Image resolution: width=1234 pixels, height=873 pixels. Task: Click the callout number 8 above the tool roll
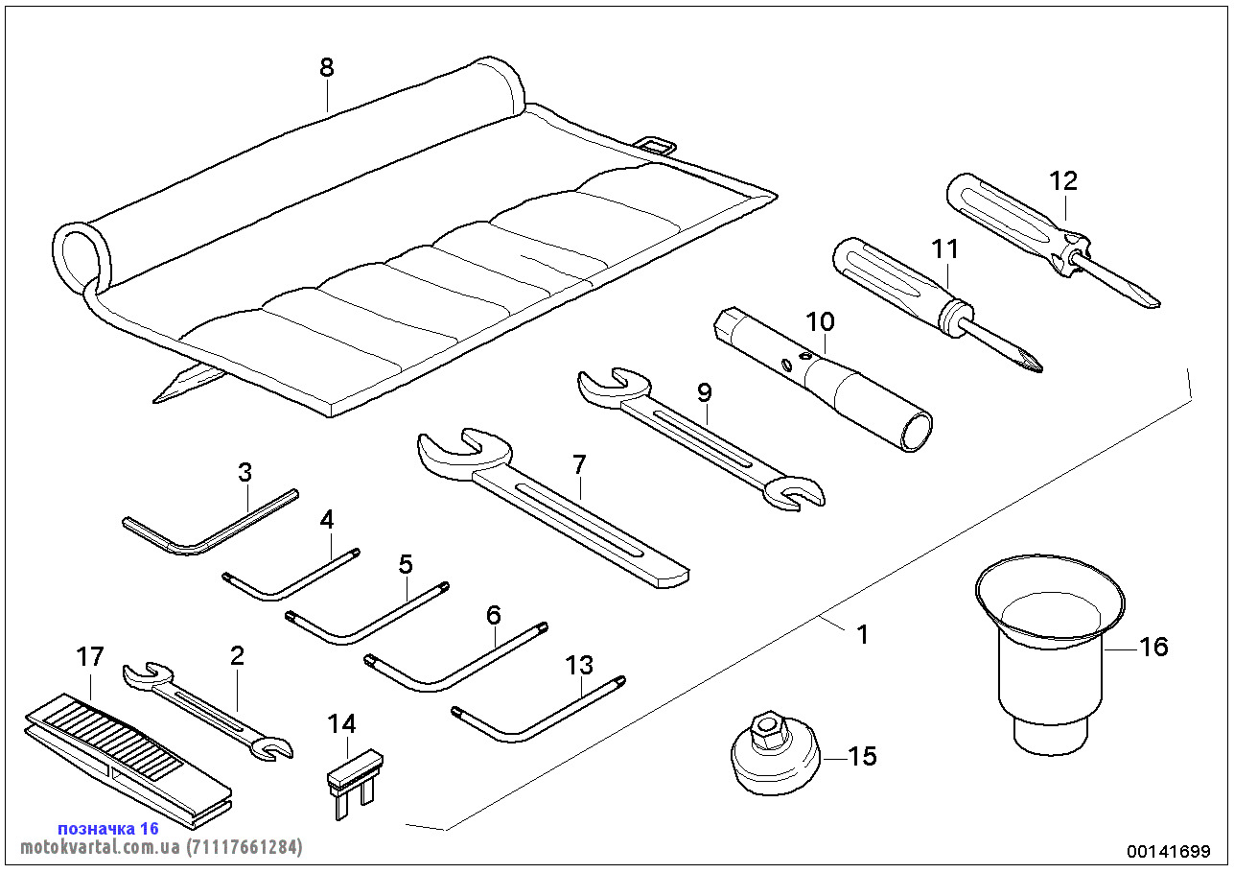click(327, 67)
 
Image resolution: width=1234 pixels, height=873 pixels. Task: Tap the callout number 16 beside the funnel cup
click(1153, 647)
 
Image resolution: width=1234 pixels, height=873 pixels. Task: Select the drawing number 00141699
click(1169, 851)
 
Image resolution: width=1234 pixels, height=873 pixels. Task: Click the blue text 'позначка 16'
click(107, 828)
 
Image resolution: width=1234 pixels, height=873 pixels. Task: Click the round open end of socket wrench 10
click(915, 428)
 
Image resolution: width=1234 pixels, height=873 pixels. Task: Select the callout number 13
click(579, 664)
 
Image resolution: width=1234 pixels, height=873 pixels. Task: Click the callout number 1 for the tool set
click(862, 634)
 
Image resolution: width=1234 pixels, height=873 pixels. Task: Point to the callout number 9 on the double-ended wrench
click(705, 392)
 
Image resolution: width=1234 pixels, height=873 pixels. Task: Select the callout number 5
click(406, 563)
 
